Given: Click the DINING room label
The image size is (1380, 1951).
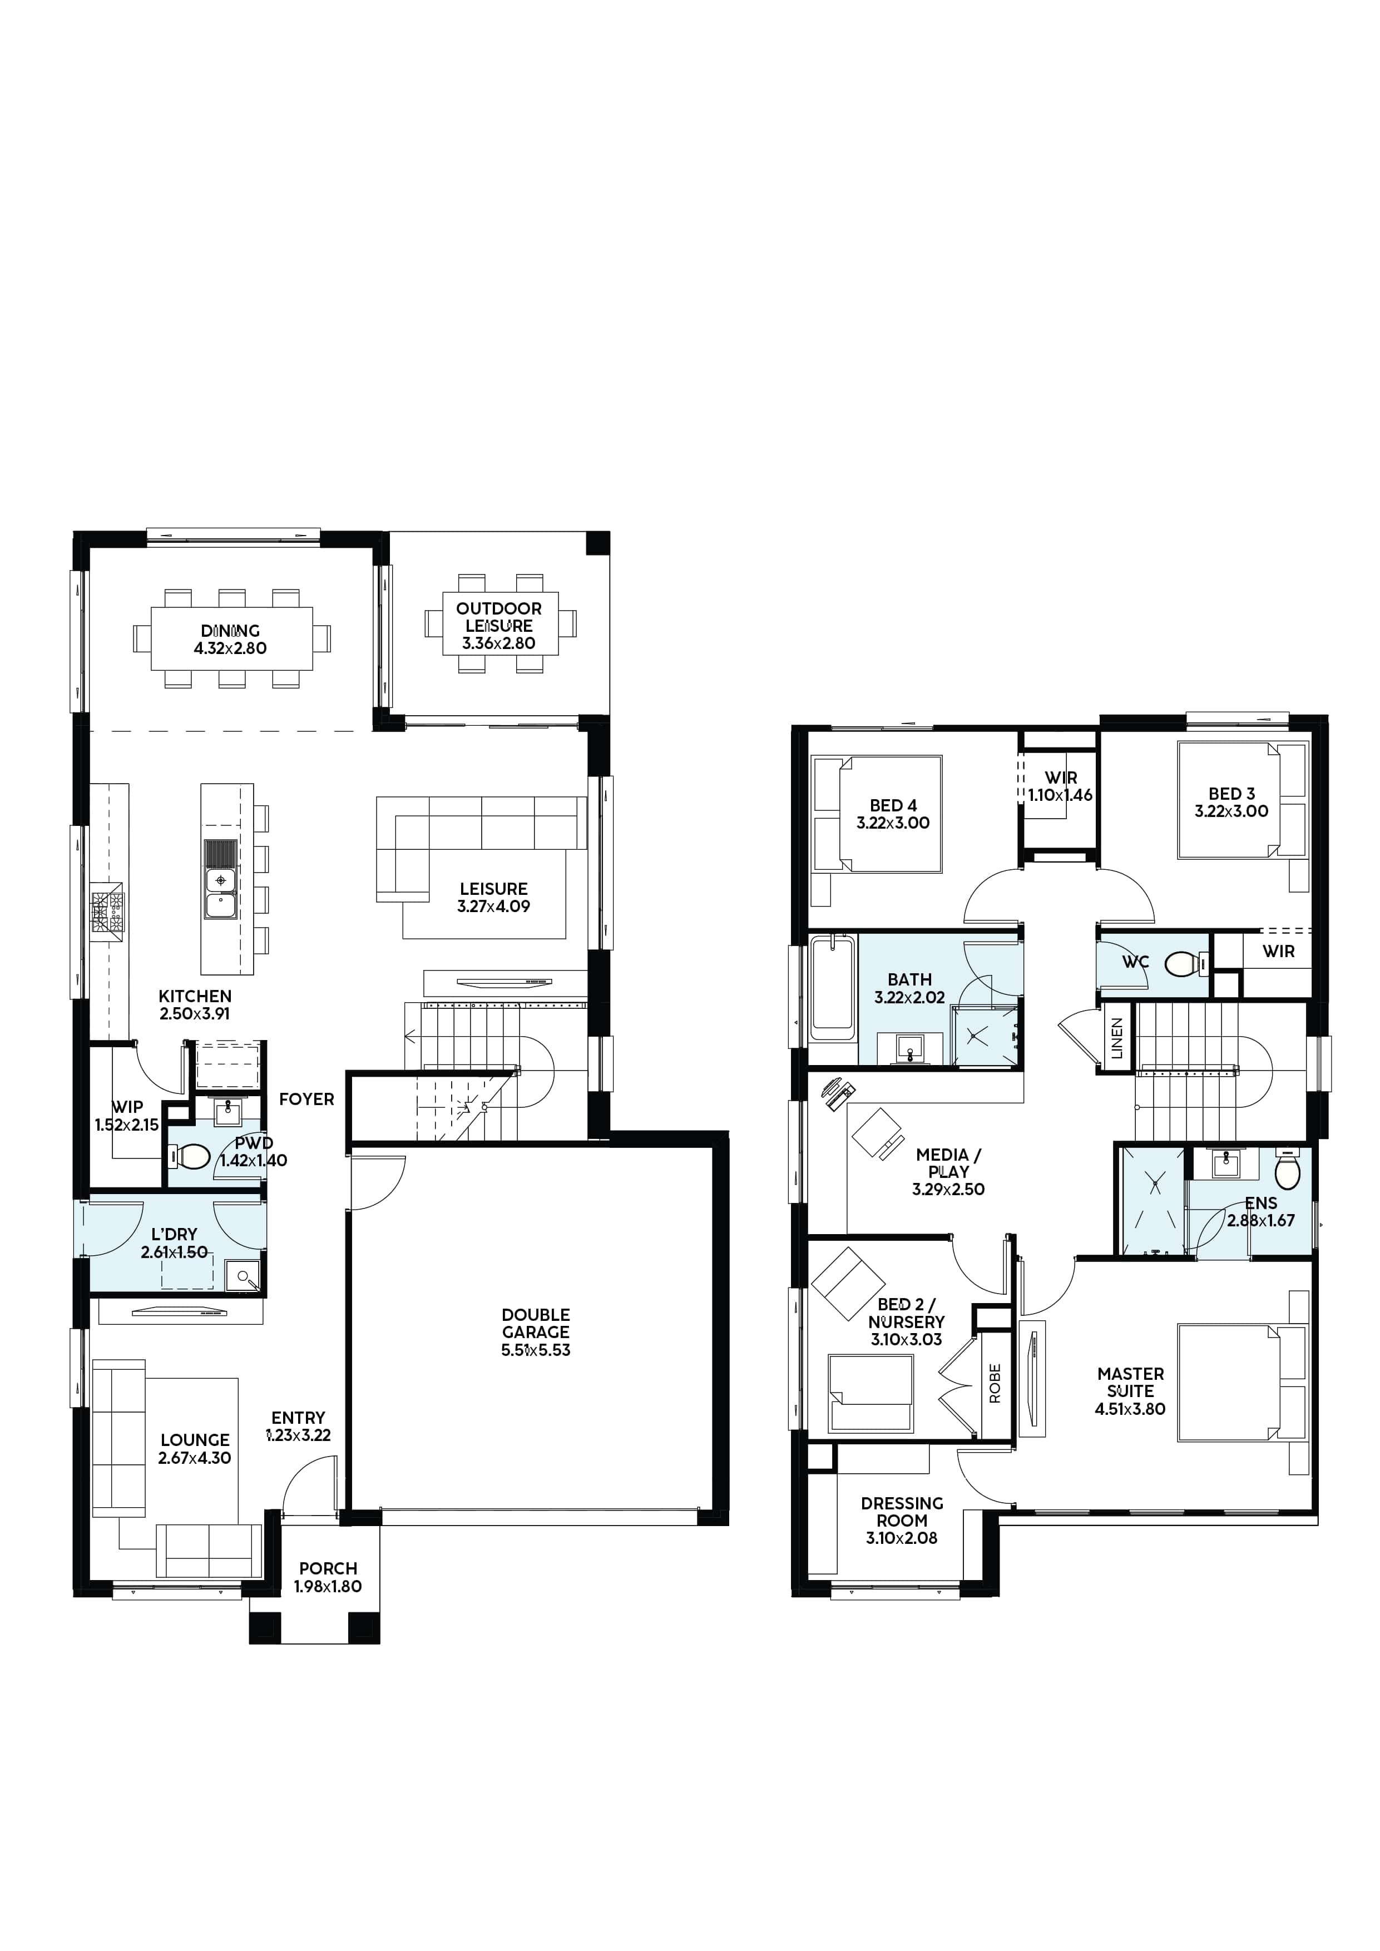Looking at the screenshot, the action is [x=230, y=631].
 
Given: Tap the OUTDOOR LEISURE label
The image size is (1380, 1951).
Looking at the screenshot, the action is [x=499, y=617].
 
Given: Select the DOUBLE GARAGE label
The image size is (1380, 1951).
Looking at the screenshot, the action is [x=535, y=1323].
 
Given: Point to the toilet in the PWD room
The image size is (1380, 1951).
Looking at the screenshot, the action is [x=190, y=1156].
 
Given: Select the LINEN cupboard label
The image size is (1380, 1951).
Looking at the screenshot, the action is [x=1116, y=1038].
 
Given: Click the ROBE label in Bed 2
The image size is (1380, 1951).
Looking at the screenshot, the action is [x=995, y=1383].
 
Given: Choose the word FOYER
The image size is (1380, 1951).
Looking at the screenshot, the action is [x=307, y=1099].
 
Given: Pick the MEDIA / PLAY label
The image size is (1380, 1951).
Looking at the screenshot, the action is [x=948, y=1162].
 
